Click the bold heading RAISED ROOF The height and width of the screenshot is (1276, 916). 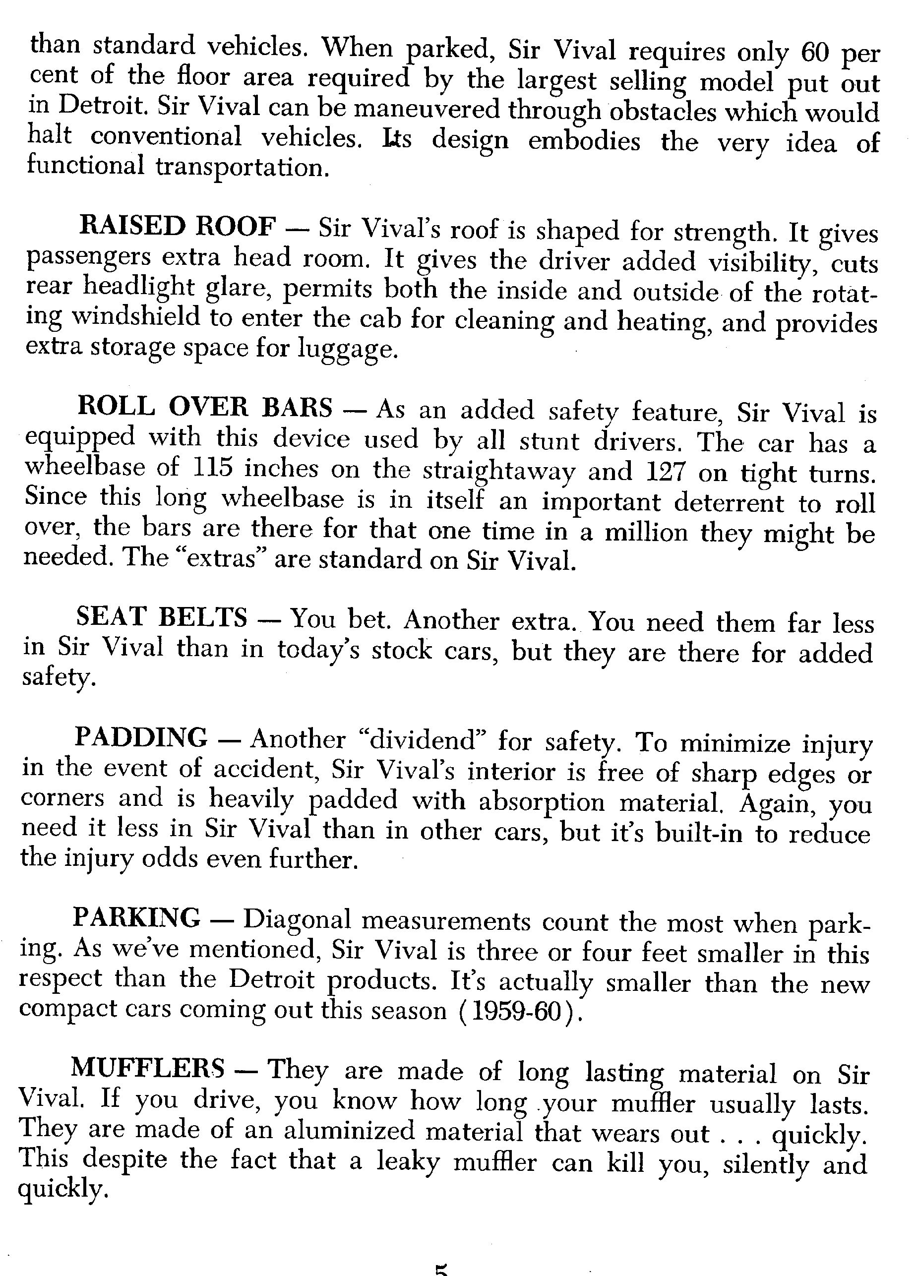178,227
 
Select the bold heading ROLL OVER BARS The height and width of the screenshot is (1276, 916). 205,407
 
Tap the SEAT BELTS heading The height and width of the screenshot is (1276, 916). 162,617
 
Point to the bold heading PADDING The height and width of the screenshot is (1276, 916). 141,737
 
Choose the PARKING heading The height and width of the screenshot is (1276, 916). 136,917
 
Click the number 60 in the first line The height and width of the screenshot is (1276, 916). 815,54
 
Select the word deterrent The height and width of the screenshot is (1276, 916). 729,502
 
